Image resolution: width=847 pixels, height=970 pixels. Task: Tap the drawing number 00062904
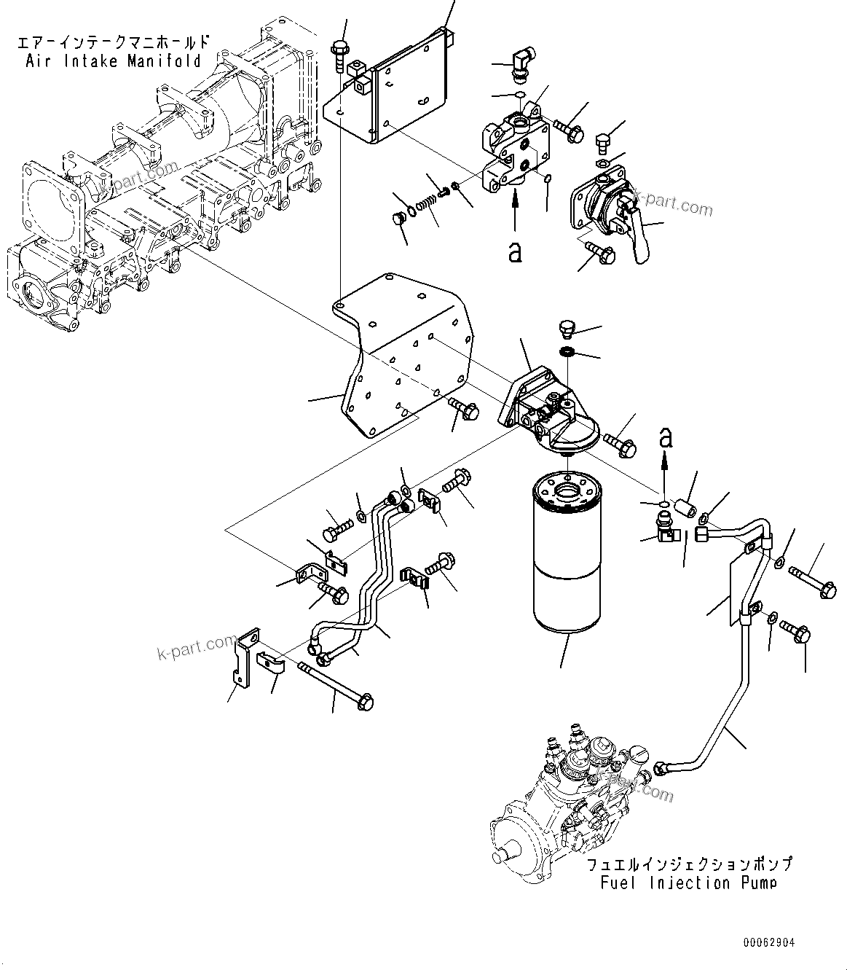[769, 943]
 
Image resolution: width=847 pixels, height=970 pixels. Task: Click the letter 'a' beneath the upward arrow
[515, 251]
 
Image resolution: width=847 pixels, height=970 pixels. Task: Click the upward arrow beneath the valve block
[515, 211]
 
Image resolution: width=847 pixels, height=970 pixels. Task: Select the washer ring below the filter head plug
[567, 353]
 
